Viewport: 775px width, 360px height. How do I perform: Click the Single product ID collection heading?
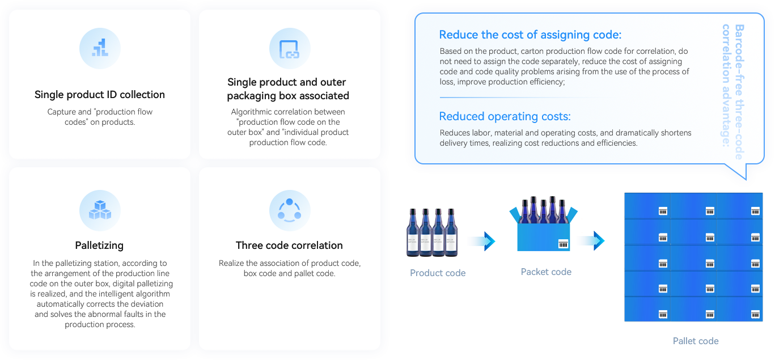click(x=100, y=95)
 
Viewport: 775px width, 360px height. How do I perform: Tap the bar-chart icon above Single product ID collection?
click(x=100, y=48)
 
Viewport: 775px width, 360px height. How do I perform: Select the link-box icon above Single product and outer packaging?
click(x=289, y=49)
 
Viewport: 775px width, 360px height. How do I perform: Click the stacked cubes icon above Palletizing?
click(x=100, y=210)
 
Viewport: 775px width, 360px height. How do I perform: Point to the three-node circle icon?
click(x=289, y=210)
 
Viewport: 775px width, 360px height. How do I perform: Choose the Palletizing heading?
click(x=99, y=245)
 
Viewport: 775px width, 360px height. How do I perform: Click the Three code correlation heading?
click(x=289, y=245)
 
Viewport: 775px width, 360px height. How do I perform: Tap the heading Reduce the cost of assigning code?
click(x=530, y=35)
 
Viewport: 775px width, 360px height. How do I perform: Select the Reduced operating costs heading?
click(x=505, y=117)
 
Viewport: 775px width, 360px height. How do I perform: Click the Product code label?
click(x=438, y=273)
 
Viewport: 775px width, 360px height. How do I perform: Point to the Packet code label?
click(x=546, y=272)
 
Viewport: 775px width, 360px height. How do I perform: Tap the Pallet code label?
click(x=696, y=341)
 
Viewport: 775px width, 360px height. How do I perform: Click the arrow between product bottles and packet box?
click(x=481, y=241)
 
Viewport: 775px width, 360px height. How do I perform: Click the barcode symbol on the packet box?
click(x=563, y=244)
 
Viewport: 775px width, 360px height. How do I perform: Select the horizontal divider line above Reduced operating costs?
click(x=519, y=98)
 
